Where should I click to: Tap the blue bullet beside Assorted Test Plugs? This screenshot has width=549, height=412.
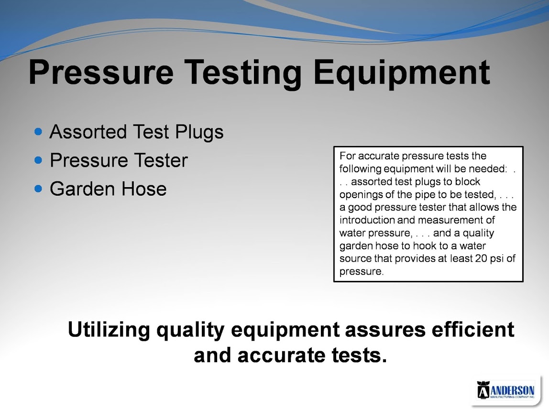[39, 132]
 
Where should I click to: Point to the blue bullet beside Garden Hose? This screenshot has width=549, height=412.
[39, 189]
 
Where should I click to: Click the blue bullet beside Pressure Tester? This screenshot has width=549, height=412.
[39, 160]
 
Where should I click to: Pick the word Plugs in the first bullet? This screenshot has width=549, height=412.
[199, 133]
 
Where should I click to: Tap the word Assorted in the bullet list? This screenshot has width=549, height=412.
[88, 132]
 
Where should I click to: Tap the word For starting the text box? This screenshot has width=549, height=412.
[348, 156]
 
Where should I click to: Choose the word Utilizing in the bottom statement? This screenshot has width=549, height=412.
[109, 330]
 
